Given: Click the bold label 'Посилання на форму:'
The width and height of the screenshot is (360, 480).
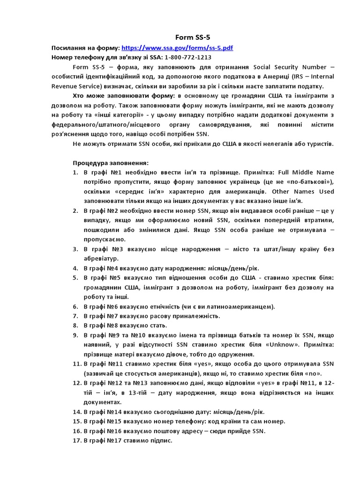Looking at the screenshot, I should tap(85, 48).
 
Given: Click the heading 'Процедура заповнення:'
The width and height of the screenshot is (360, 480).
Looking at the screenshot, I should tap(110, 163).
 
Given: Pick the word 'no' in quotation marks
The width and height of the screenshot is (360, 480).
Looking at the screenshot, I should tap(315, 373).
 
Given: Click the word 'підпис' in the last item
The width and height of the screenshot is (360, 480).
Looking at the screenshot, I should tap(162, 441).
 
